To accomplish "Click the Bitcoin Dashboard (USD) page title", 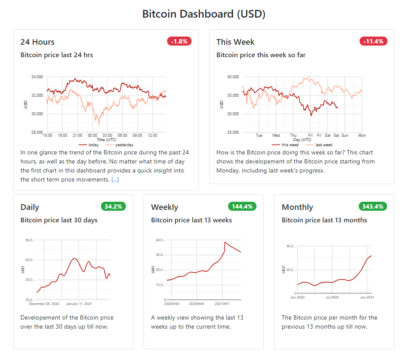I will pos(204,14).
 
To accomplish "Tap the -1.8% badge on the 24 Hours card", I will pos(179,41).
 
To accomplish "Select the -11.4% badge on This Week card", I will pos(373,41).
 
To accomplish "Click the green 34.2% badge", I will pos(113,206).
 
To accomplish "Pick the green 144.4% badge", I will pos(242,206).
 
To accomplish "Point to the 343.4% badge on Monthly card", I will pos(372,206).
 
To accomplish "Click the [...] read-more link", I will pos(115,180).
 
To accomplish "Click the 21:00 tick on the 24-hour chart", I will pos(77,135).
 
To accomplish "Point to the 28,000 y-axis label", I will pos(37,132).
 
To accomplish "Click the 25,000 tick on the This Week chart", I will pos(232,132).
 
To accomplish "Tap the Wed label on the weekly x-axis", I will pos(276,135).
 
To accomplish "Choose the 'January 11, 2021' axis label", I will pos(79,304).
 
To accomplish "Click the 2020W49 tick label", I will pos(197,304).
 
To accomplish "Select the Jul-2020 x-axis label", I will pos(332,297).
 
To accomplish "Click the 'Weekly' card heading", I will pos(165,207).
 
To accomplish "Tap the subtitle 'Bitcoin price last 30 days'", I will pos(59,220).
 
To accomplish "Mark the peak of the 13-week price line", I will pos(225,242).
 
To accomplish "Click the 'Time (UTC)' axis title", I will pos(107,140).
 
